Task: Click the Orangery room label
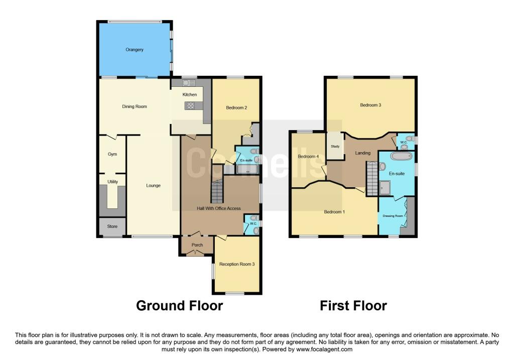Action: (x=135, y=50)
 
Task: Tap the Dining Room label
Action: (x=135, y=106)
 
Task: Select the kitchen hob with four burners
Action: (x=190, y=105)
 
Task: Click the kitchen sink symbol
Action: (x=189, y=83)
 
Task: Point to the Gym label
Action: (x=112, y=154)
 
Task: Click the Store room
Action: (x=112, y=226)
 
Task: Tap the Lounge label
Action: (x=154, y=186)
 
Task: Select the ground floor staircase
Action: (x=217, y=191)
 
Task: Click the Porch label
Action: (x=197, y=245)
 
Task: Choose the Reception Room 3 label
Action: (x=237, y=264)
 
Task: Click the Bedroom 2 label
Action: (x=236, y=107)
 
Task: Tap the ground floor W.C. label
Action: (x=253, y=223)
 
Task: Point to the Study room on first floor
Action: (x=335, y=146)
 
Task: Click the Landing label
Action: (x=363, y=153)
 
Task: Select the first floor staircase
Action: (x=372, y=179)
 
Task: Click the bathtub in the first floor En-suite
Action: (x=402, y=156)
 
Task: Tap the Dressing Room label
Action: (x=393, y=216)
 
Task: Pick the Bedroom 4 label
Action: (x=308, y=156)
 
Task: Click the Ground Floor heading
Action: (x=180, y=306)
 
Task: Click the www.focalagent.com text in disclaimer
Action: (x=324, y=349)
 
